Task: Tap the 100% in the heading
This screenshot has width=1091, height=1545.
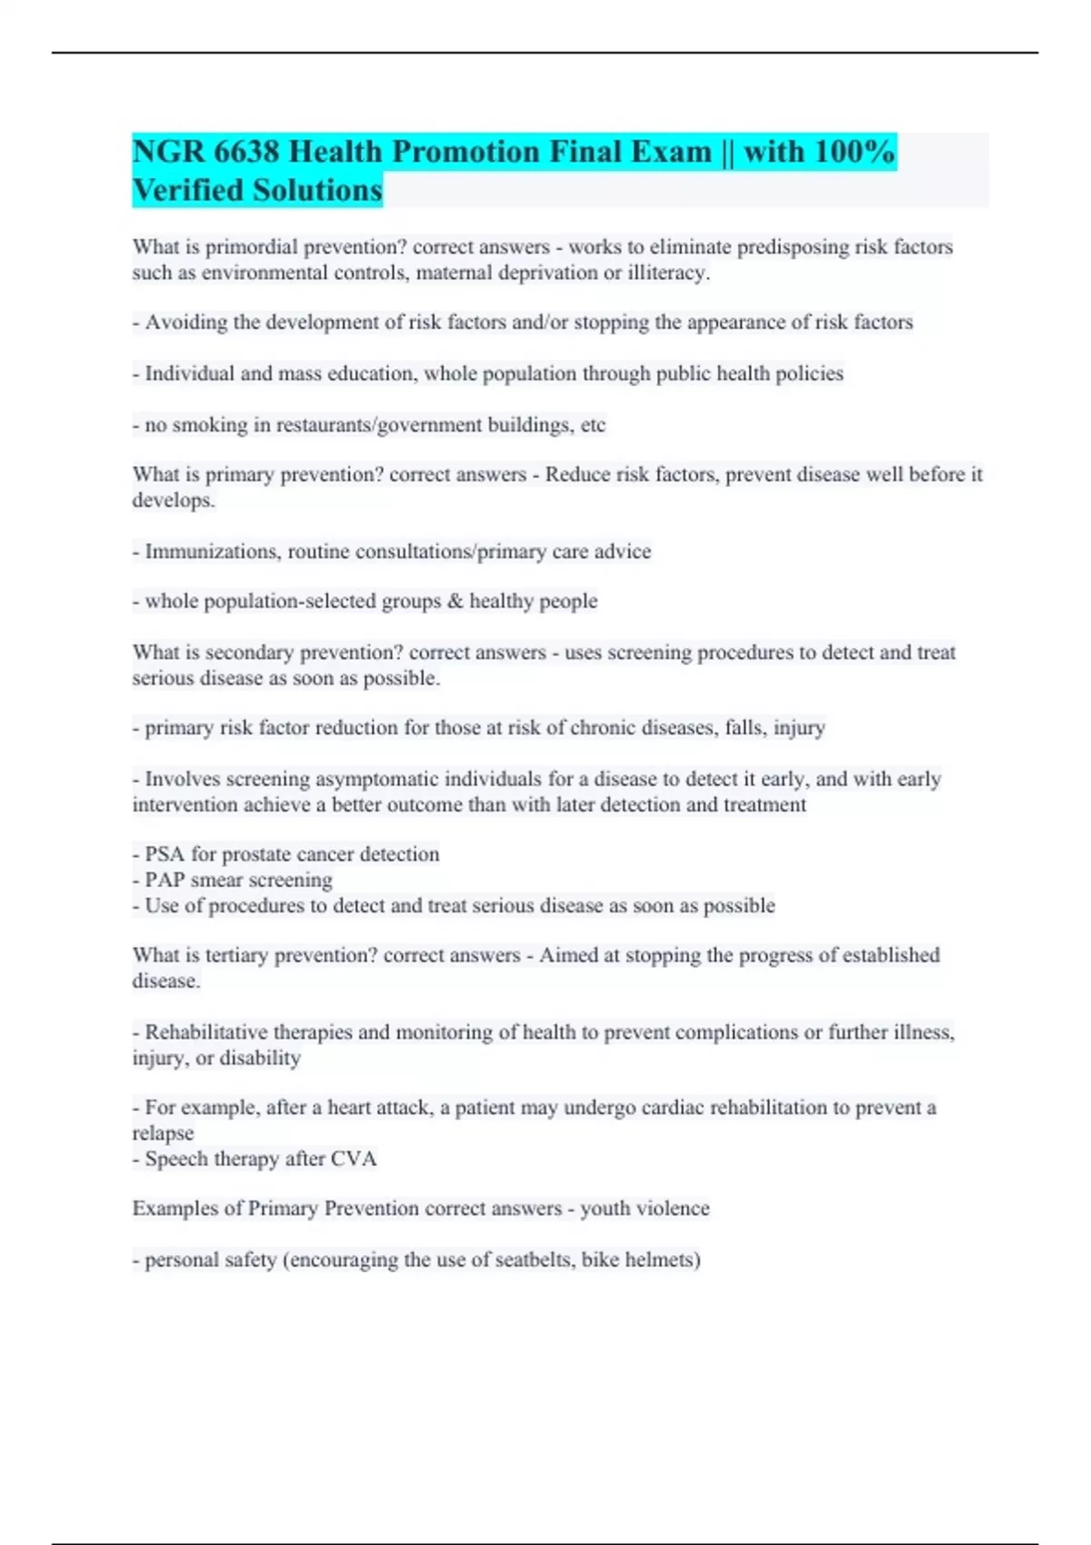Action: tap(855, 152)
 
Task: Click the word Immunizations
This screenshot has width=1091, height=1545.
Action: tap(212, 552)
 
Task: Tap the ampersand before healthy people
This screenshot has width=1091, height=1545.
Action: tap(455, 602)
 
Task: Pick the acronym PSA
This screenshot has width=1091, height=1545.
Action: tap(165, 854)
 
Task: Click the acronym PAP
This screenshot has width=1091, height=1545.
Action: tap(165, 881)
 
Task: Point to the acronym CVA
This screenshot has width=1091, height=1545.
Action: tap(354, 1160)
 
